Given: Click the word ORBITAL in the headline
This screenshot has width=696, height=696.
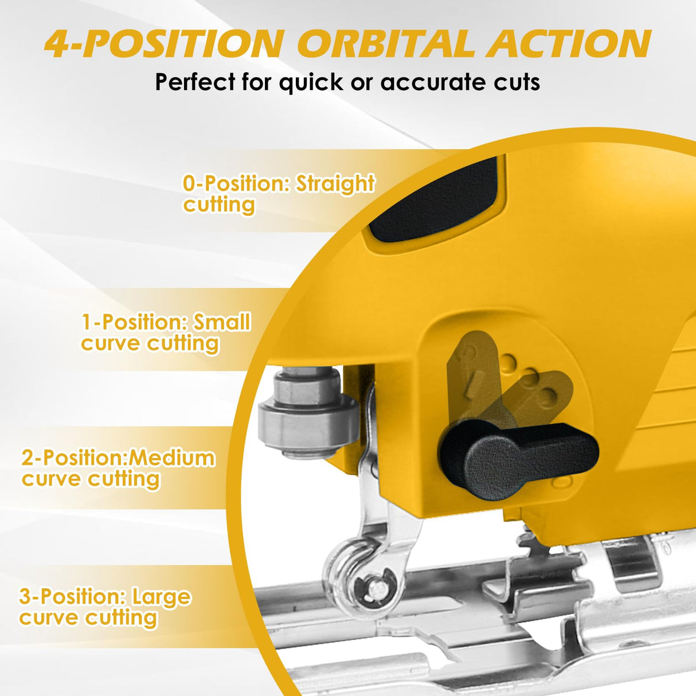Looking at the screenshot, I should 390,44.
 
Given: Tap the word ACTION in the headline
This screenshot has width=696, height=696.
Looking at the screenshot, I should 569,44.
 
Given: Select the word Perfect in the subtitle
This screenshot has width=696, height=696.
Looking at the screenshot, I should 195,83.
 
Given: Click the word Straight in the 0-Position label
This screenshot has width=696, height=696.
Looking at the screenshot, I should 335,183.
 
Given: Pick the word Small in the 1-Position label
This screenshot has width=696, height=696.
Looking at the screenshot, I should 222,322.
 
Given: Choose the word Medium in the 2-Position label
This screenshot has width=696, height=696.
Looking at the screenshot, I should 172,458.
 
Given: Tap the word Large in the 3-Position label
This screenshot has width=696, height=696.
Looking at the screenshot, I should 161,597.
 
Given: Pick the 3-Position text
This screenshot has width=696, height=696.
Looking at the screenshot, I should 72,597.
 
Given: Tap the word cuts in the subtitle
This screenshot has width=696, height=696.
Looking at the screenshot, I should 517,83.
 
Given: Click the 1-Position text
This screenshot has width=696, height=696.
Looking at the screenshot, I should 135,322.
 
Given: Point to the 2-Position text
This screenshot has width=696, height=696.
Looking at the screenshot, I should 73,458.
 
